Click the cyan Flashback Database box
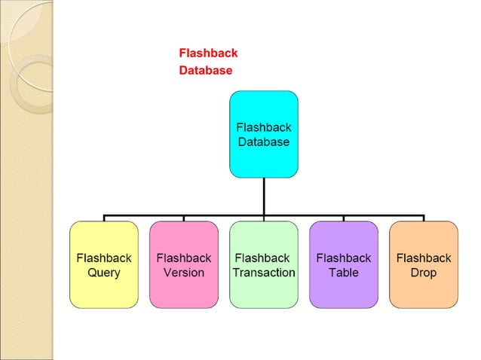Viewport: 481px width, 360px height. tap(263, 134)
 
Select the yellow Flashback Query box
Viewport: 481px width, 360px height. tap(104, 264)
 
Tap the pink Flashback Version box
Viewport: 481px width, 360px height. tap(184, 264)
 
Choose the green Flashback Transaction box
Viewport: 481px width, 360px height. tap(264, 264)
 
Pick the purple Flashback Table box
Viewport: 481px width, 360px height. tap(344, 264)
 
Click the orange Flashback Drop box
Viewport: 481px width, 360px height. tap(424, 264)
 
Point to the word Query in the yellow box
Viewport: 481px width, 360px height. tap(104, 273)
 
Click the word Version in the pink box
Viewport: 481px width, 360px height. tap(184, 273)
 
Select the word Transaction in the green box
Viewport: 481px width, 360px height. tap(264, 273)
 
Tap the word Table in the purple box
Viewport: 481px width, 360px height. tap(344, 273)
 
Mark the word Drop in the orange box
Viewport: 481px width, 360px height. tap(424, 273)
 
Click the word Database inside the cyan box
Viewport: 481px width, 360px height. tap(263, 142)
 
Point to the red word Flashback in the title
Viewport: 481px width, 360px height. tap(208, 53)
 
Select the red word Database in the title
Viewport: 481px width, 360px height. tap(205, 71)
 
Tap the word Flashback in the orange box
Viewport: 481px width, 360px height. tap(424, 258)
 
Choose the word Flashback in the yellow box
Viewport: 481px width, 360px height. tap(104, 258)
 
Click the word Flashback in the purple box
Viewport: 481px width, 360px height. tap(344, 258)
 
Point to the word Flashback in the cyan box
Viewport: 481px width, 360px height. tap(263, 127)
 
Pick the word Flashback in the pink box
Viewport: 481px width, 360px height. tap(184, 258)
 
